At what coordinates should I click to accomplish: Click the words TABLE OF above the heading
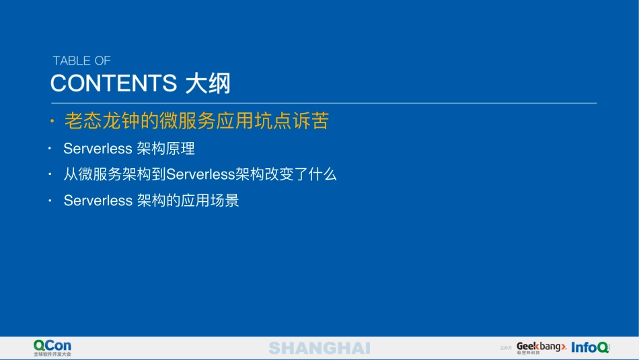81,61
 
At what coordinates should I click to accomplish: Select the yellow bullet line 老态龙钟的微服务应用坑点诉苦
196,121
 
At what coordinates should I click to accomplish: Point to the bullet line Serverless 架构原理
129,148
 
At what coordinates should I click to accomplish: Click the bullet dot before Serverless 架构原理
49,148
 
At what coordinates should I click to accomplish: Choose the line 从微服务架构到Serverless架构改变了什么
200,174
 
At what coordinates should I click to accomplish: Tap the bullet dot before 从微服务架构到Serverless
49,174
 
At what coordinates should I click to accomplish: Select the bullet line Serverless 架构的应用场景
151,201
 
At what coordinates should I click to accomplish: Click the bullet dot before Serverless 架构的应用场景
49,201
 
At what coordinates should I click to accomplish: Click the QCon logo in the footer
52,345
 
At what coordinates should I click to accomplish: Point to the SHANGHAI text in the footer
319,348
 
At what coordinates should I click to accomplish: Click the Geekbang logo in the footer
540,347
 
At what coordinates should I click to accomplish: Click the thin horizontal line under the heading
323,103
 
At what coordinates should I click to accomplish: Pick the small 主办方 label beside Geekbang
506,348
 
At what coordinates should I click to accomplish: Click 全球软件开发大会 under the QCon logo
52,354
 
